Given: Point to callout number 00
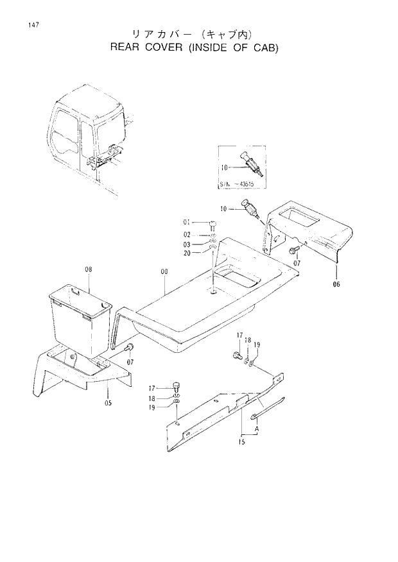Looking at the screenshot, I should coord(164,272).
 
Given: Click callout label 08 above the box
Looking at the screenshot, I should coord(89,270).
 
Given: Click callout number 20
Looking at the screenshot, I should coord(186,253).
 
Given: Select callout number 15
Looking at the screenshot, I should coord(242,442).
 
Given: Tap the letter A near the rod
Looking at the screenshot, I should coord(257,428).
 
